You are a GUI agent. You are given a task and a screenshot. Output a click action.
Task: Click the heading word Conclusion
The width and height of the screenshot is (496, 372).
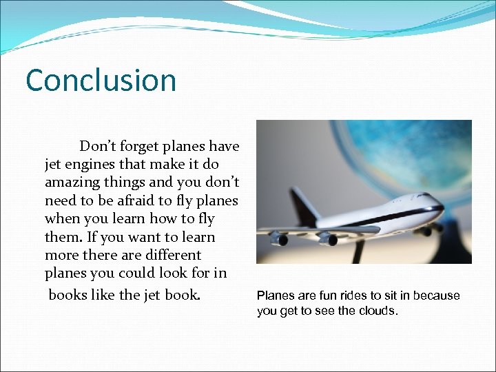click(x=101, y=80)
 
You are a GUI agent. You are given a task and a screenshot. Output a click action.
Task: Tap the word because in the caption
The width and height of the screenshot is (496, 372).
click(x=434, y=296)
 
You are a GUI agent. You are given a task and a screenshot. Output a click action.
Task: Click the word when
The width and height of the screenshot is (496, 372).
click(x=63, y=219)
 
